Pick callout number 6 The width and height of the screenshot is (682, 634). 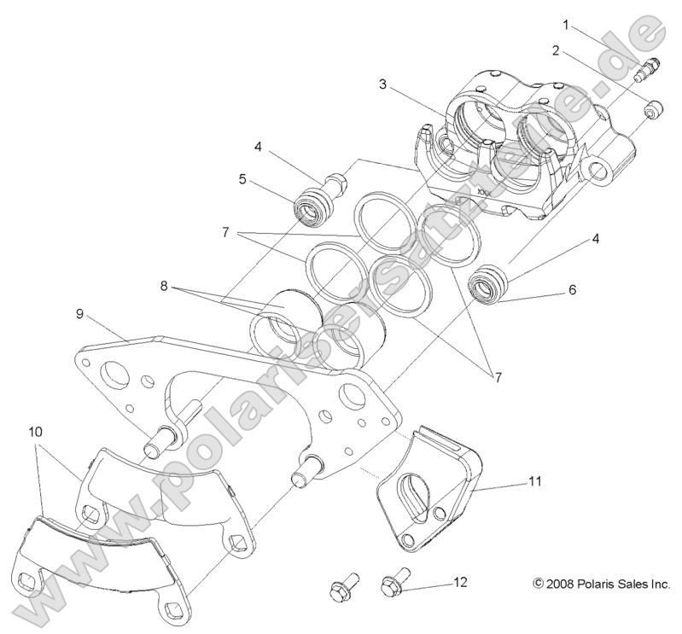coord(573,290)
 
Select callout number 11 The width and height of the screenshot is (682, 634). coord(535,482)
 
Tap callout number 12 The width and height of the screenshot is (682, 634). coord(460,583)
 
